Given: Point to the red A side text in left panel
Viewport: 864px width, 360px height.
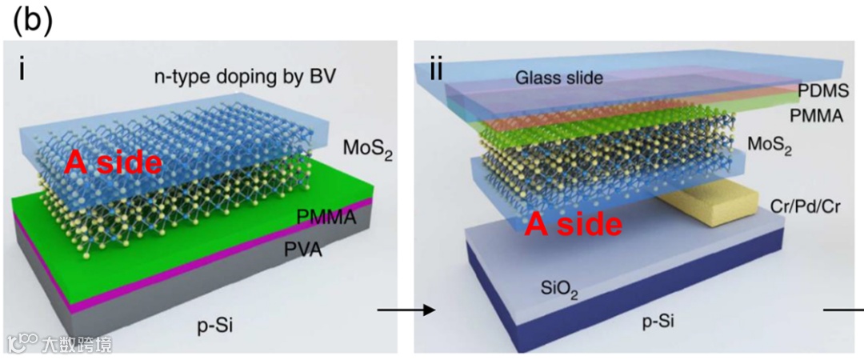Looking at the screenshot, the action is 114,162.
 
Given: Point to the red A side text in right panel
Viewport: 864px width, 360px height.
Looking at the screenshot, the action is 573,224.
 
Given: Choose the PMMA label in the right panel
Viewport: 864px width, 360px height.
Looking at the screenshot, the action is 816,116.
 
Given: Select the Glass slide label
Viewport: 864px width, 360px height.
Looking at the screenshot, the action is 558,78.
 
